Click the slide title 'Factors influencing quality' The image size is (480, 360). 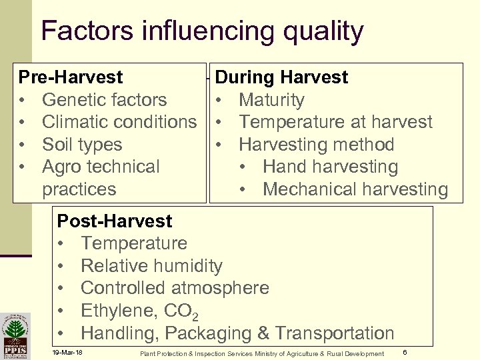(202, 31)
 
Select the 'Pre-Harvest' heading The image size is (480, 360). (71, 78)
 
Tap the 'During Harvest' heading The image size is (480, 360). (281, 78)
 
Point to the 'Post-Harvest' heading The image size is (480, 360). (115, 221)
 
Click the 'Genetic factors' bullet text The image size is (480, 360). (104, 100)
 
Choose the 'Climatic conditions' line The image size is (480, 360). (119, 123)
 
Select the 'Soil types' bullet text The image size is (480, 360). (82, 145)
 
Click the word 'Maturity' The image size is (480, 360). (271, 100)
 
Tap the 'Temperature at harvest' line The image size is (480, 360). (335, 123)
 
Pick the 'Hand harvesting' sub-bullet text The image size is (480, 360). (330, 167)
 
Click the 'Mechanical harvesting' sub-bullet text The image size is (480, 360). (355, 189)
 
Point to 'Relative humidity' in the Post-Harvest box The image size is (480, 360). (151, 266)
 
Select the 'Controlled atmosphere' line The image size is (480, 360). (175, 288)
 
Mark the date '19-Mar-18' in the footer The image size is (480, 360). (67, 352)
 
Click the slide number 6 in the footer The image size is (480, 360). (405, 351)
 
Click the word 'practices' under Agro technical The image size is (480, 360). (79, 189)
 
